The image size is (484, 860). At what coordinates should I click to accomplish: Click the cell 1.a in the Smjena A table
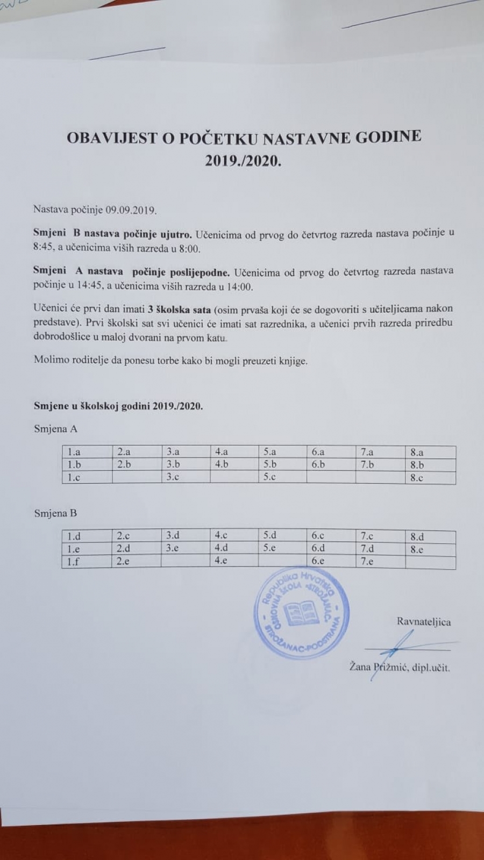(74, 453)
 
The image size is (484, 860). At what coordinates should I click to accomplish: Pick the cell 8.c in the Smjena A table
(417, 478)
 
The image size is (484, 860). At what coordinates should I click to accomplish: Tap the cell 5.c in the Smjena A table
(270, 477)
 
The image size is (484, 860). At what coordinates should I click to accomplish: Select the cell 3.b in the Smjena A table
(173, 465)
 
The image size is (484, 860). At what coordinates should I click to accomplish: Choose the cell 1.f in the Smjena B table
(73, 562)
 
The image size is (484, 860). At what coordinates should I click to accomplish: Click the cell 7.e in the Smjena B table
(367, 562)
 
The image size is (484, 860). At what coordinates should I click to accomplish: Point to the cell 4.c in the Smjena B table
(221, 536)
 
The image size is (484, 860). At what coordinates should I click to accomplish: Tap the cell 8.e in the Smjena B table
(417, 549)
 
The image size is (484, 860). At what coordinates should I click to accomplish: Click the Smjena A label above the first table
(55, 429)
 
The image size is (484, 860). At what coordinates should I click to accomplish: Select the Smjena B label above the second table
(55, 513)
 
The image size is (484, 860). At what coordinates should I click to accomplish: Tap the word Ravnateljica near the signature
(424, 622)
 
